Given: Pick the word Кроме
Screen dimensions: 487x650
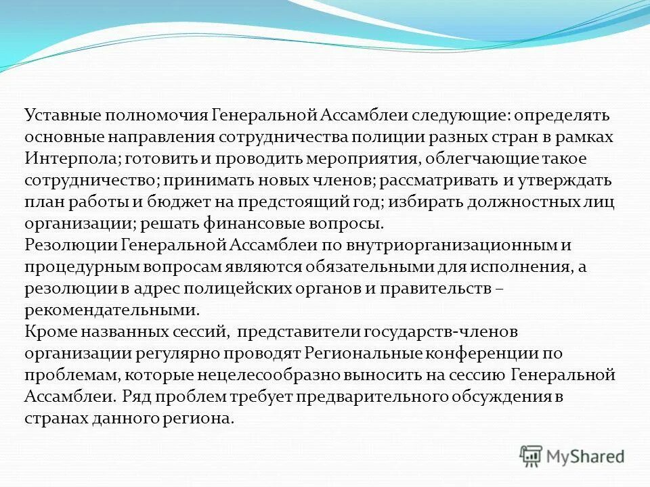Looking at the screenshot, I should (49, 332).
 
